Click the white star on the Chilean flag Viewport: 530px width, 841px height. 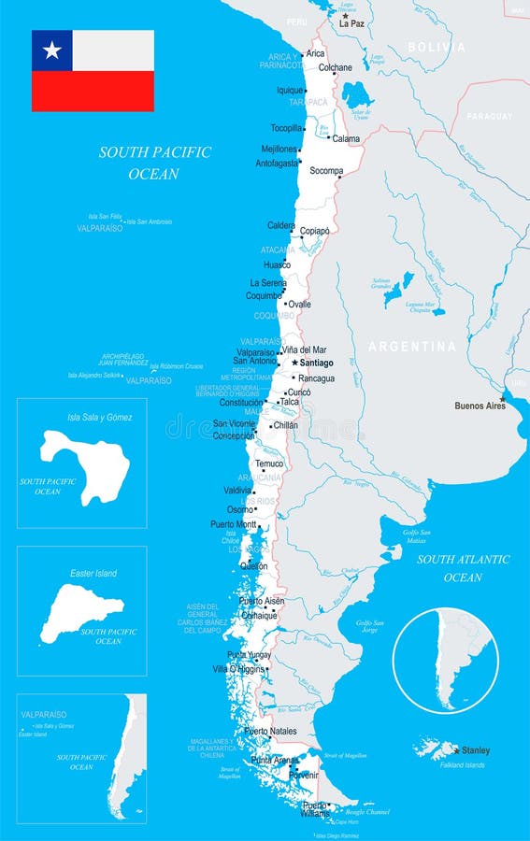pos(51,50)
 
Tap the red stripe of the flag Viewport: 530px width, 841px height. pos(93,92)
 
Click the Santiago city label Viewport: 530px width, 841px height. pos(317,363)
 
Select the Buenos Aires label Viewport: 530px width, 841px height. pos(480,406)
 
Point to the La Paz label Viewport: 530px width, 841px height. pos(351,23)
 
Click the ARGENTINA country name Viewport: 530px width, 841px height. pos(412,347)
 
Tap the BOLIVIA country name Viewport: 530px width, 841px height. pos(436,47)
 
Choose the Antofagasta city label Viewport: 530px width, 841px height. pos(277,163)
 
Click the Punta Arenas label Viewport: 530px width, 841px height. pos(273,760)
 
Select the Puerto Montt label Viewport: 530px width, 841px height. pos(233,524)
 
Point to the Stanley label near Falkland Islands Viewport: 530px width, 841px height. pos(475,750)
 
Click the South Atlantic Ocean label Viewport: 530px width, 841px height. pos(463,568)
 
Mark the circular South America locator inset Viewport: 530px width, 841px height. pos(445,661)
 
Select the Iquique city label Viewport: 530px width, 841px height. pos(290,91)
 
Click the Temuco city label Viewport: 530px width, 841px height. pos(269,463)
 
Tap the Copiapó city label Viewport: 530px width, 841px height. pos(314,230)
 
